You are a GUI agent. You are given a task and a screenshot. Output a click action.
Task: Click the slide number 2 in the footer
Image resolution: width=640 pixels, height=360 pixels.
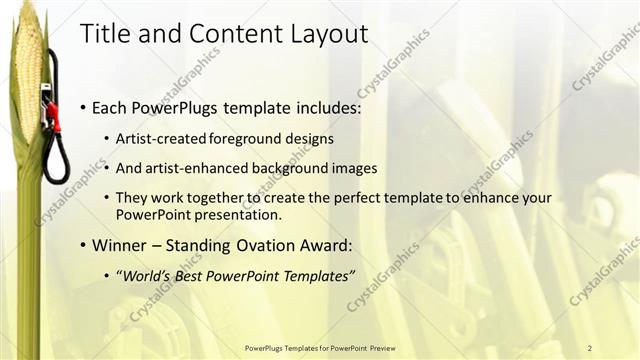point(590,347)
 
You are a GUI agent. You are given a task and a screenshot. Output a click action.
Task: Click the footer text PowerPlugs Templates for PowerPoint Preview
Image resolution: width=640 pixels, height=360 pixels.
point(319,347)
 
